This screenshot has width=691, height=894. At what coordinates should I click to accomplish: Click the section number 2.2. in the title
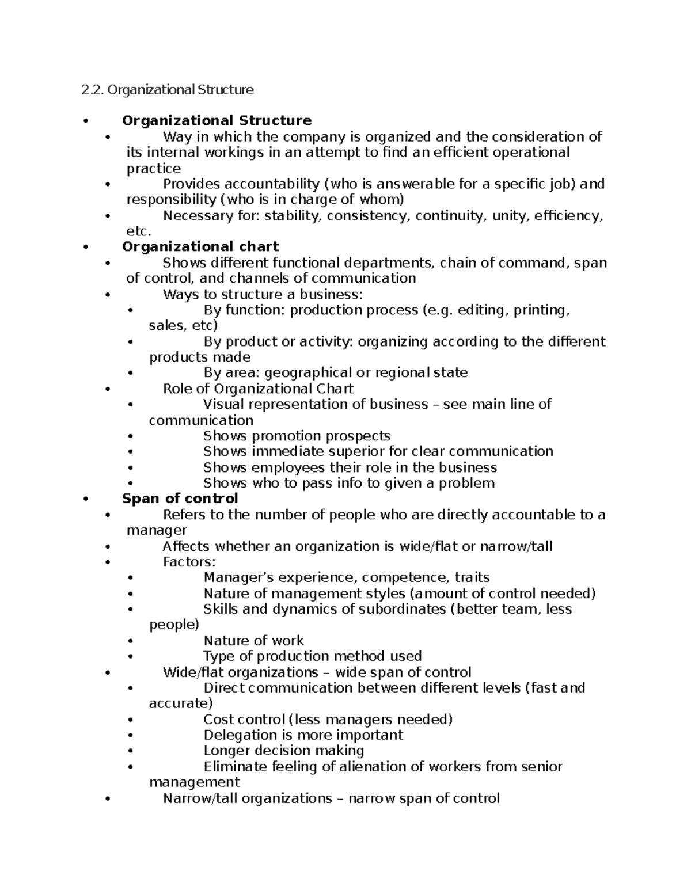93,90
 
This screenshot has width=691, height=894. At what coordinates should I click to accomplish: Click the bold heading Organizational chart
200,246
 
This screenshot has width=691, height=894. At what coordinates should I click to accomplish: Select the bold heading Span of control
180,498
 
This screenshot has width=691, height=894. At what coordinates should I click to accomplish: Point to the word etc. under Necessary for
138,231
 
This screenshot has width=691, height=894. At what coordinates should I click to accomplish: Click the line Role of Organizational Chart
258,389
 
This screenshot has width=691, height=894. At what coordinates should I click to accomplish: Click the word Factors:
189,562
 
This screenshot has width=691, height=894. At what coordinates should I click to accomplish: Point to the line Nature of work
253,641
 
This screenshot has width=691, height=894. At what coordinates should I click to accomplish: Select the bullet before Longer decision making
131,751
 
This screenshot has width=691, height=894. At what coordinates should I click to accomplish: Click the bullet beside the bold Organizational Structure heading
86,121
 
